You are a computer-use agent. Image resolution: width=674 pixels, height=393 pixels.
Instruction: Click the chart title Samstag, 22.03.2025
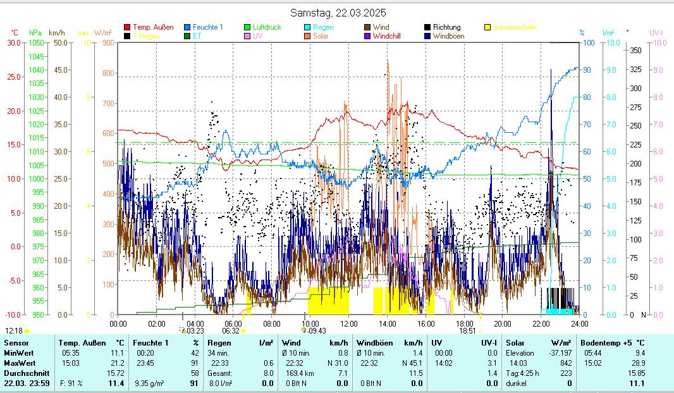pyautogui.click(x=338, y=13)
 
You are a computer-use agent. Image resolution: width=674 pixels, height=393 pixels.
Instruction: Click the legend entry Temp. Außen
pyautogui.click(x=153, y=27)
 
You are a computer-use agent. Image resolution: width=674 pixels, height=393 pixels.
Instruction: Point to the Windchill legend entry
pyautogui.click(x=386, y=36)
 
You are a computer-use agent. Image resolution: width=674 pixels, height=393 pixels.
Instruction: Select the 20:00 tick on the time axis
pyautogui.click(x=503, y=323)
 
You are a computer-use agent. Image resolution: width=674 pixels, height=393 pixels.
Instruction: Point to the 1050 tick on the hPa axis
pyautogui.click(x=36, y=42)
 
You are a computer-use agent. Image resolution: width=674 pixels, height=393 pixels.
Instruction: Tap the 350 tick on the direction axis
pyautogui.click(x=636, y=50)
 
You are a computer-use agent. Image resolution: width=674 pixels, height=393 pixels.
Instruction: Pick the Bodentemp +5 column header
pyautogui.click(x=604, y=342)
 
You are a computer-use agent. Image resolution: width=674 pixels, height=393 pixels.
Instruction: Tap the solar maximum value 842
pyautogui.click(x=565, y=363)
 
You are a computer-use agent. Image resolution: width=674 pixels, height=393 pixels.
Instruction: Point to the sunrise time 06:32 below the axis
pyautogui.click(x=230, y=330)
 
